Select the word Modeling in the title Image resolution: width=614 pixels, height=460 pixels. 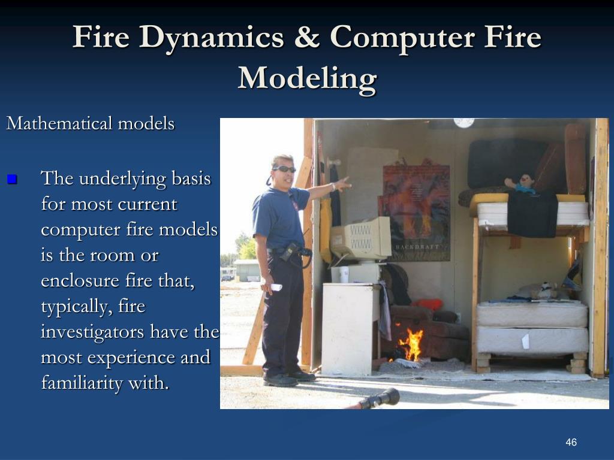click(x=307, y=78)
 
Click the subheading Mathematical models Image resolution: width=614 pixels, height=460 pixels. click(x=91, y=124)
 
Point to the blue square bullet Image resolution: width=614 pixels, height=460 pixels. click(x=13, y=179)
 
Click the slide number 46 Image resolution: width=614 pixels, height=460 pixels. click(x=571, y=442)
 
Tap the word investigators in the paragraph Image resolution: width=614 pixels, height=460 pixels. click(x=94, y=332)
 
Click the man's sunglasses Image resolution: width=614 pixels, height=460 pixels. click(x=284, y=170)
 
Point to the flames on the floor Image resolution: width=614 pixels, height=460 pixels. click(x=412, y=345)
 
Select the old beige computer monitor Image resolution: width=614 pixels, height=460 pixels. click(x=362, y=239)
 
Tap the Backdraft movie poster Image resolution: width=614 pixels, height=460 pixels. click(x=417, y=212)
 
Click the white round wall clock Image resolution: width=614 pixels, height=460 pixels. click(x=463, y=122)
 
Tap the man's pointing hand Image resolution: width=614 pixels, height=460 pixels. click(x=342, y=183)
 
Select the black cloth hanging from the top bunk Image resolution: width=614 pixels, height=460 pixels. click(x=532, y=213)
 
